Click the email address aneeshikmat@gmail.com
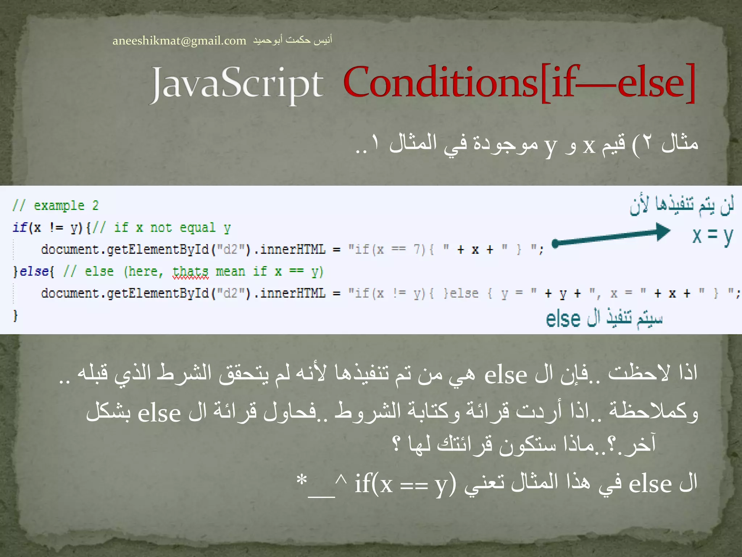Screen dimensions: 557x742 (179, 41)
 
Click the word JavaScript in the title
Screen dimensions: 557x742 (237, 84)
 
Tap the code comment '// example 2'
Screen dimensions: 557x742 (55, 206)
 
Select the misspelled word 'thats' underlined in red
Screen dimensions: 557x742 (191, 272)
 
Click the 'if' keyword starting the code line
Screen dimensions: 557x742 (19, 228)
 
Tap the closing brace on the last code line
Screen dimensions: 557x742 (15, 315)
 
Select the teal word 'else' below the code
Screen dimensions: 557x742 (563, 319)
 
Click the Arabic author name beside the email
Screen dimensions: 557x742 (292, 40)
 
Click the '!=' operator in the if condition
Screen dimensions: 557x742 (56, 228)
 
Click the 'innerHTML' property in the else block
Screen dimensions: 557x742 (293, 293)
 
